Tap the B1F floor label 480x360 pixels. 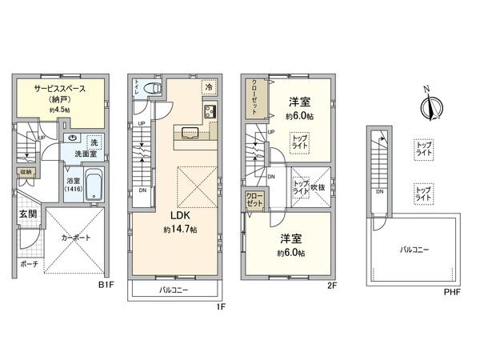point(106,282)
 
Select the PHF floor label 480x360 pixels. point(453,291)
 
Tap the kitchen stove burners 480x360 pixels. point(210,110)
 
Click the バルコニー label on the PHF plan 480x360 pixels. point(414,250)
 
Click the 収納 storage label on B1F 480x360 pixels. point(25,172)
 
